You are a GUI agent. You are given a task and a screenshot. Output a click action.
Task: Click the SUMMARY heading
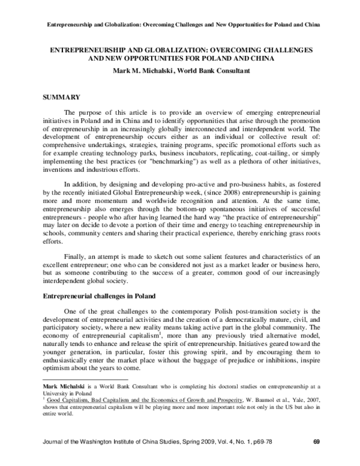pyautogui.click(x=61, y=95)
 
